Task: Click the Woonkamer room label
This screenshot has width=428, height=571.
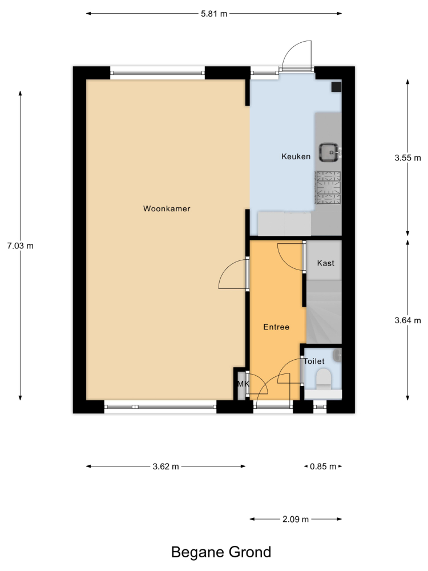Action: click(x=167, y=208)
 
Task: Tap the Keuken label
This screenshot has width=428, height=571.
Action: click(x=296, y=156)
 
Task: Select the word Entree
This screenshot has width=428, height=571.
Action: click(x=276, y=327)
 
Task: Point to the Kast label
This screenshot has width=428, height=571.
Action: click(x=325, y=263)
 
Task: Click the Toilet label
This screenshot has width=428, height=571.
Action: click(x=314, y=361)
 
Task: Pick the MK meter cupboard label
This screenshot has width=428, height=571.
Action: click(x=243, y=384)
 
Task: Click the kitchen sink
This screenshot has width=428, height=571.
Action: click(x=329, y=152)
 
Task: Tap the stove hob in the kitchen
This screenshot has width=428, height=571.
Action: click(x=328, y=187)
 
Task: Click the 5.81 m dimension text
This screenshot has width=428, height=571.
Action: click(x=214, y=14)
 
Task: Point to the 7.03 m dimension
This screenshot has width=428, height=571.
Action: click(x=21, y=246)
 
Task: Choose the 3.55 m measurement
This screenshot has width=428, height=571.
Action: click(x=407, y=158)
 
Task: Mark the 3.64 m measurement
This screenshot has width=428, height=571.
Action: click(x=407, y=320)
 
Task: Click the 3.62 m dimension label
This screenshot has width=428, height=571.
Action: click(x=165, y=467)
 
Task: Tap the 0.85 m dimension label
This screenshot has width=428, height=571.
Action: click(x=323, y=467)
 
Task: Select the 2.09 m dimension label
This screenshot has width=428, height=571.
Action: click(x=296, y=519)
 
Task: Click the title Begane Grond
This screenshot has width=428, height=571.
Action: click(x=221, y=552)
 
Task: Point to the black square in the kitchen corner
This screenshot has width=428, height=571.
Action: click(x=336, y=87)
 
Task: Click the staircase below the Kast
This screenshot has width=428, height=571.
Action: click(x=324, y=312)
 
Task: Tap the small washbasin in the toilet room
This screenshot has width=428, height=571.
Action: click(x=337, y=355)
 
